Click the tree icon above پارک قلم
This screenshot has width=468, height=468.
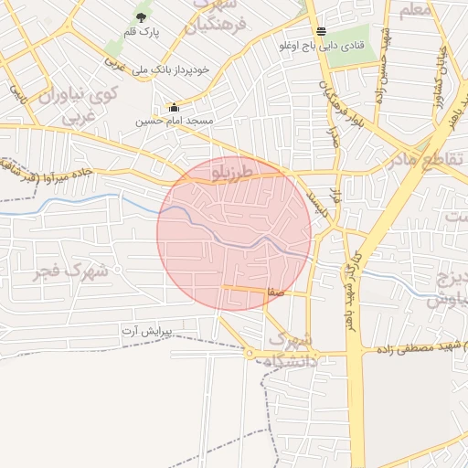[142, 16]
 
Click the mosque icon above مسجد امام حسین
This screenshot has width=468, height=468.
[174, 107]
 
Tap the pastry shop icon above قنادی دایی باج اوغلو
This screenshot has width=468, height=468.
[321, 30]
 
